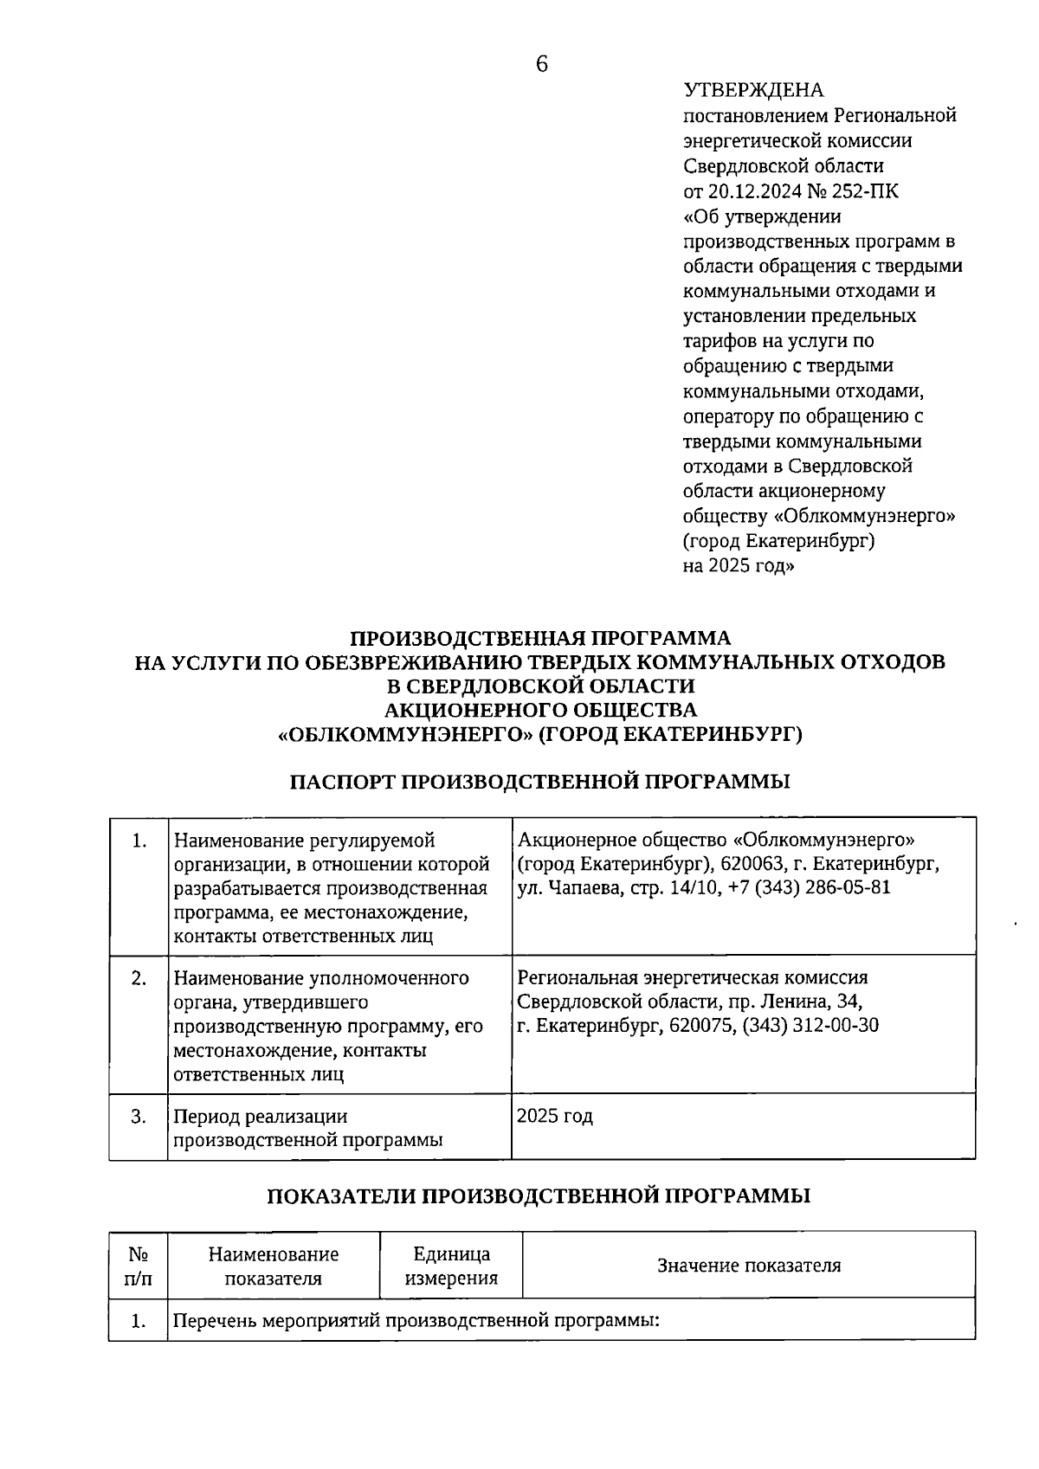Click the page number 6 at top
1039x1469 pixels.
(x=542, y=65)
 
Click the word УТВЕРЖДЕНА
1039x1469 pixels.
(x=753, y=90)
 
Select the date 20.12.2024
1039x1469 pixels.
(x=751, y=190)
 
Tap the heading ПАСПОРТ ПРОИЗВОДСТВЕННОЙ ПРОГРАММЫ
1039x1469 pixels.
(x=539, y=782)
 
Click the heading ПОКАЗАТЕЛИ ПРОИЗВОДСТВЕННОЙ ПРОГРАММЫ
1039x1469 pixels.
(x=539, y=1196)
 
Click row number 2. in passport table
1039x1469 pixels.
(x=139, y=978)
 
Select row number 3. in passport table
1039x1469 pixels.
(x=139, y=1116)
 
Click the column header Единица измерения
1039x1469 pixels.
(x=451, y=1266)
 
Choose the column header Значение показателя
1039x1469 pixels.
(x=749, y=1266)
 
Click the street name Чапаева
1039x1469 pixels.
(x=581, y=888)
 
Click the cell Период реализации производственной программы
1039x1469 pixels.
(x=308, y=1128)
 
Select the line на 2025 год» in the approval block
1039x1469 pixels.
(x=738, y=566)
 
